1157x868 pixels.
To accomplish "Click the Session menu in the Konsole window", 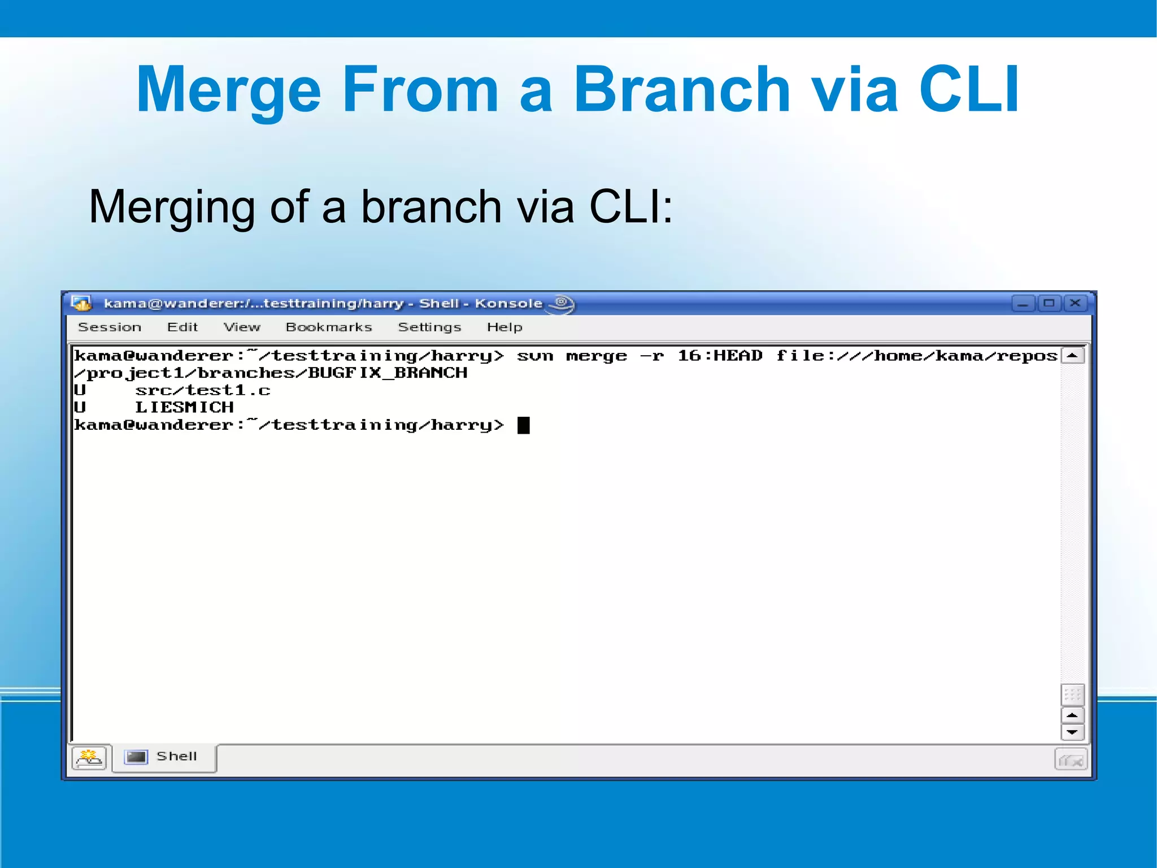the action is pos(110,327).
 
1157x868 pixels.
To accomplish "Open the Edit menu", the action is pos(182,327).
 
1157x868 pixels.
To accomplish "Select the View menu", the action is pos(242,327).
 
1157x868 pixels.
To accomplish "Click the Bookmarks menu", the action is pos(329,327).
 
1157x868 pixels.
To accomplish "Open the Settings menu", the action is pos(429,327).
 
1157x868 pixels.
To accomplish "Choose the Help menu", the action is pos(504,327).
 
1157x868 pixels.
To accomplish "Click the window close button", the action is pos(1075,304).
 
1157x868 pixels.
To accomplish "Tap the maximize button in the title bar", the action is pos(1049,304).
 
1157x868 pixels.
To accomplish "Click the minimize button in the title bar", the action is pos(1023,304).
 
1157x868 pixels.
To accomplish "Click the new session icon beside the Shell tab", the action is pos(89,758).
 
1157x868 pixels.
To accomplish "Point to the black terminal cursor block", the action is pos(524,425).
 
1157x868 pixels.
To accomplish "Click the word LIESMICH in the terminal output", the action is pos(184,408).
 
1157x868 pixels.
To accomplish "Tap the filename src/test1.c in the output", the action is pos(203,390).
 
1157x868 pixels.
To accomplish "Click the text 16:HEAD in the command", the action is pos(720,356).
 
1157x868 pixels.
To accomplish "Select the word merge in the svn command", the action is pos(596,356).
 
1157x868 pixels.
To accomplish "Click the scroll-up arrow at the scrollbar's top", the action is pos(1072,356).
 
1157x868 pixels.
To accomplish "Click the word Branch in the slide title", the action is pos(681,90).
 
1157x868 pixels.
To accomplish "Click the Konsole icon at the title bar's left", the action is pos(81,304).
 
